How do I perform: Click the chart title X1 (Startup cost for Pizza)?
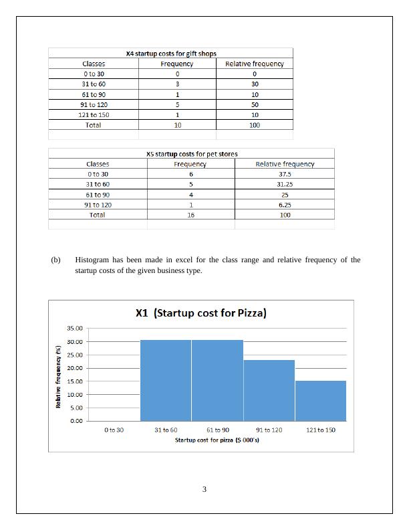[x=200, y=313]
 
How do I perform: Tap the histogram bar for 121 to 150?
[x=321, y=400]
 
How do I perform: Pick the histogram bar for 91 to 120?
[x=269, y=390]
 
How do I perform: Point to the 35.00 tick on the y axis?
[x=74, y=329]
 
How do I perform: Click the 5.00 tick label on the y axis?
[x=76, y=408]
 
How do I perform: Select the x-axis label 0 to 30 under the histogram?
[x=114, y=430]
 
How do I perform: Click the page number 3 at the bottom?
[x=204, y=489]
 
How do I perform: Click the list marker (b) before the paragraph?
[x=55, y=260]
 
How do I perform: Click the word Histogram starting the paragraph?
[x=91, y=260]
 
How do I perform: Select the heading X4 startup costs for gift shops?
[x=171, y=54]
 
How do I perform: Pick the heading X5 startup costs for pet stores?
[x=192, y=154]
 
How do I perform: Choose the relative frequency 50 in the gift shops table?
[x=255, y=104]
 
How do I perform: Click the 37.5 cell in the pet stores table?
[x=285, y=174]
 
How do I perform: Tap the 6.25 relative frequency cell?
[x=285, y=205]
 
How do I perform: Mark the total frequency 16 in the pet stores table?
[x=191, y=215]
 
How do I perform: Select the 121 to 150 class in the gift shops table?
[x=94, y=114]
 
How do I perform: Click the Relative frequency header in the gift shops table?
[x=255, y=64]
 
